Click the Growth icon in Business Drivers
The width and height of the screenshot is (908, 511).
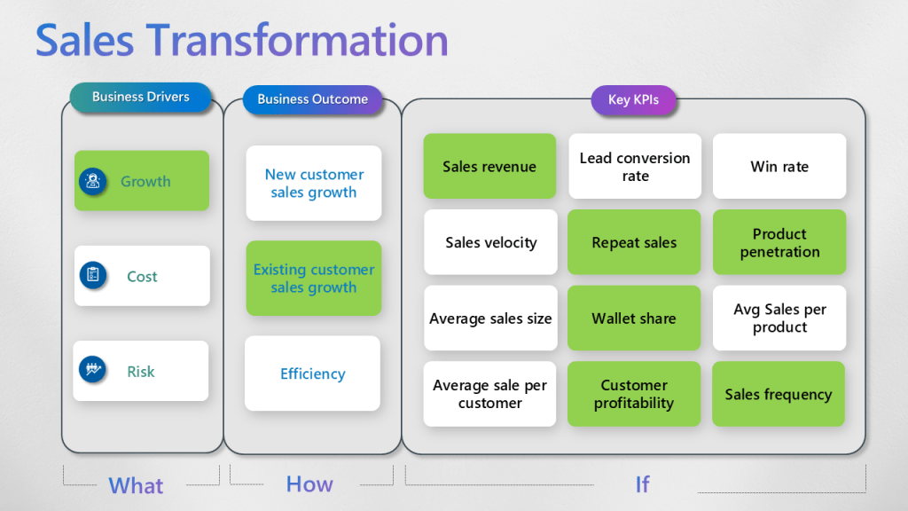[x=93, y=181]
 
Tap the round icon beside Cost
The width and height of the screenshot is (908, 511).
[x=93, y=276]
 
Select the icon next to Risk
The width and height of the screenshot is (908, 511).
[x=93, y=370]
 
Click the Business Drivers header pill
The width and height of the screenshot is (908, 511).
[x=141, y=98]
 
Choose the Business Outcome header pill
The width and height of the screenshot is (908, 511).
[x=312, y=99]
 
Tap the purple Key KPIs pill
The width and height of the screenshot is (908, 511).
[x=633, y=100]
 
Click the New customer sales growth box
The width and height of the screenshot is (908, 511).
[x=314, y=184]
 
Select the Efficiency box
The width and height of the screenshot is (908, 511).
[x=312, y=373]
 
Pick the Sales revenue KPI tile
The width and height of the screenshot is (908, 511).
[x=489, y=166]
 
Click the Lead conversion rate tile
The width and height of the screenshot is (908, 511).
[x=635, y=166]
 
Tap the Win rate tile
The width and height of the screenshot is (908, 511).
[x=779, y=166]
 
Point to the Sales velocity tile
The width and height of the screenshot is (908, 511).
[x=490, y=242]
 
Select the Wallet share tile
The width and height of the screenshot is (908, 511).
[x=634, y=318]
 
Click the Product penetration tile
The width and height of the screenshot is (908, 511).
[x=779, y=242]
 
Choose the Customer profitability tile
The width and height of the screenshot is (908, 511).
[x=634, y=394]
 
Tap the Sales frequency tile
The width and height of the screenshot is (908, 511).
[x=779, y=394]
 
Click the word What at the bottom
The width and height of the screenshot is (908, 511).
[x=136, y=485]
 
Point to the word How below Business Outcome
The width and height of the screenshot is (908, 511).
[x=309, y=483]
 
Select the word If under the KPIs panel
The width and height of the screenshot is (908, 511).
[x=642, y=483]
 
